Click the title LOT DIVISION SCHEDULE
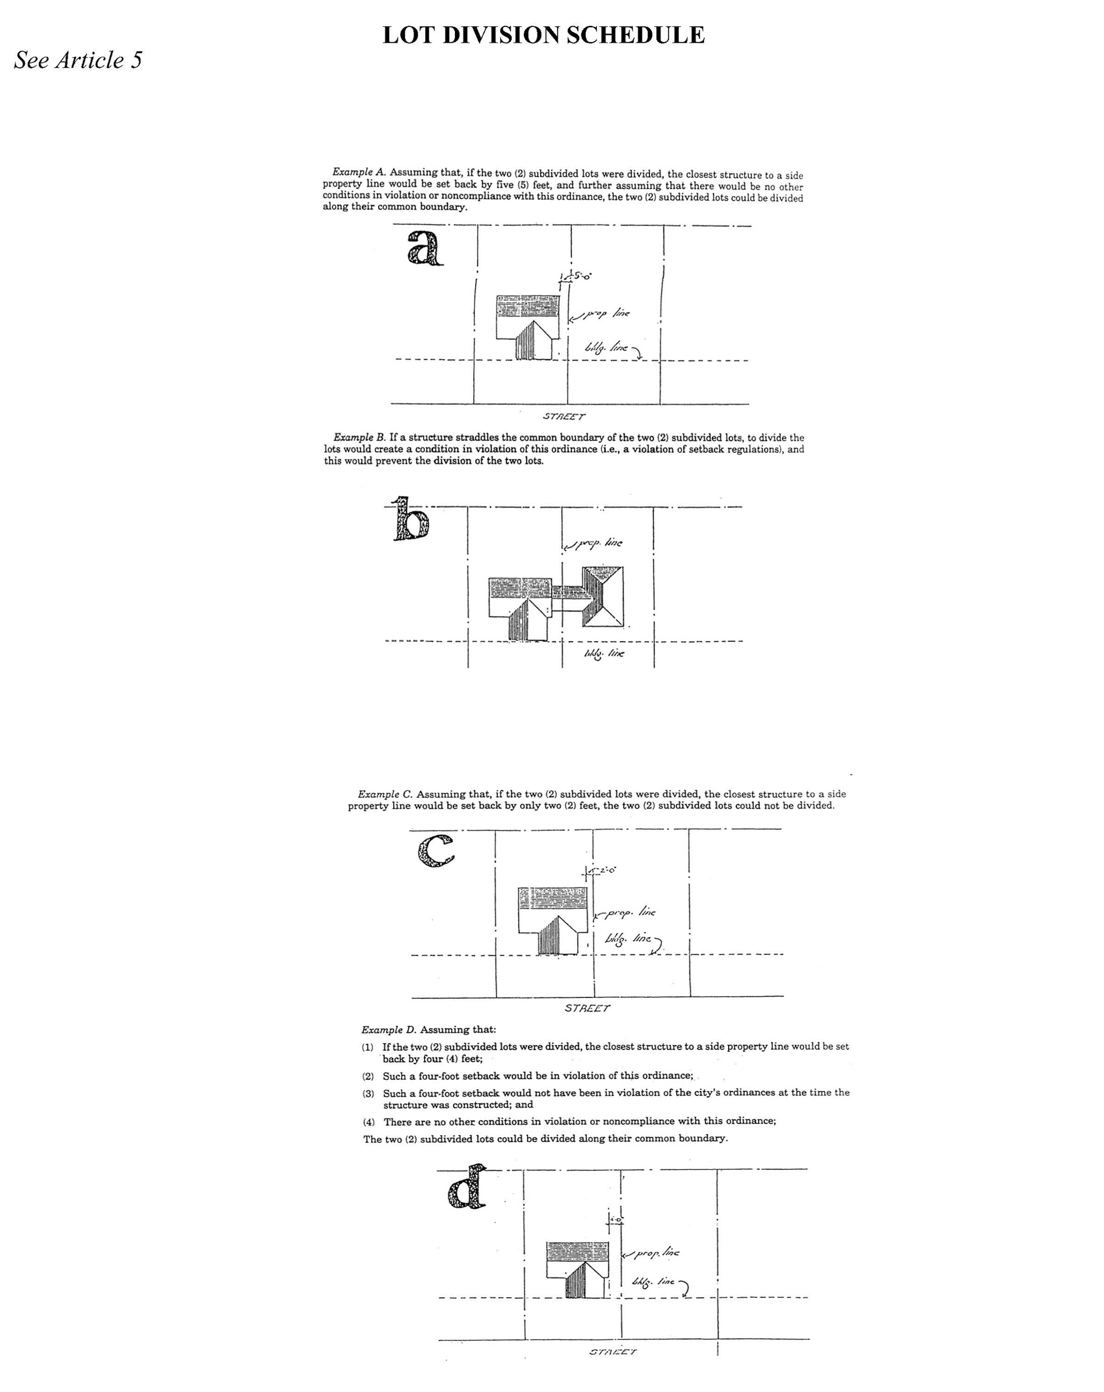point(543,35)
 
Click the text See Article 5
point(77,60)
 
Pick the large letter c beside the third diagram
point(436,851)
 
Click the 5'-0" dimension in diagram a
point(582,276)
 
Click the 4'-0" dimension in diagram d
point(616,1219)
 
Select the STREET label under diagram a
point(563,416)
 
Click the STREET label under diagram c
point(586,1008)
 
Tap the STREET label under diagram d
point(612,1351)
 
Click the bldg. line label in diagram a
point(606,348)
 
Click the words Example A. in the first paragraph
point(359,171)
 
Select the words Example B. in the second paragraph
point(359,437)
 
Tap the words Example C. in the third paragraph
point(384,794)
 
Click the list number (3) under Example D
point(368,1094)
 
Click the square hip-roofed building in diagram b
point(602,596)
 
